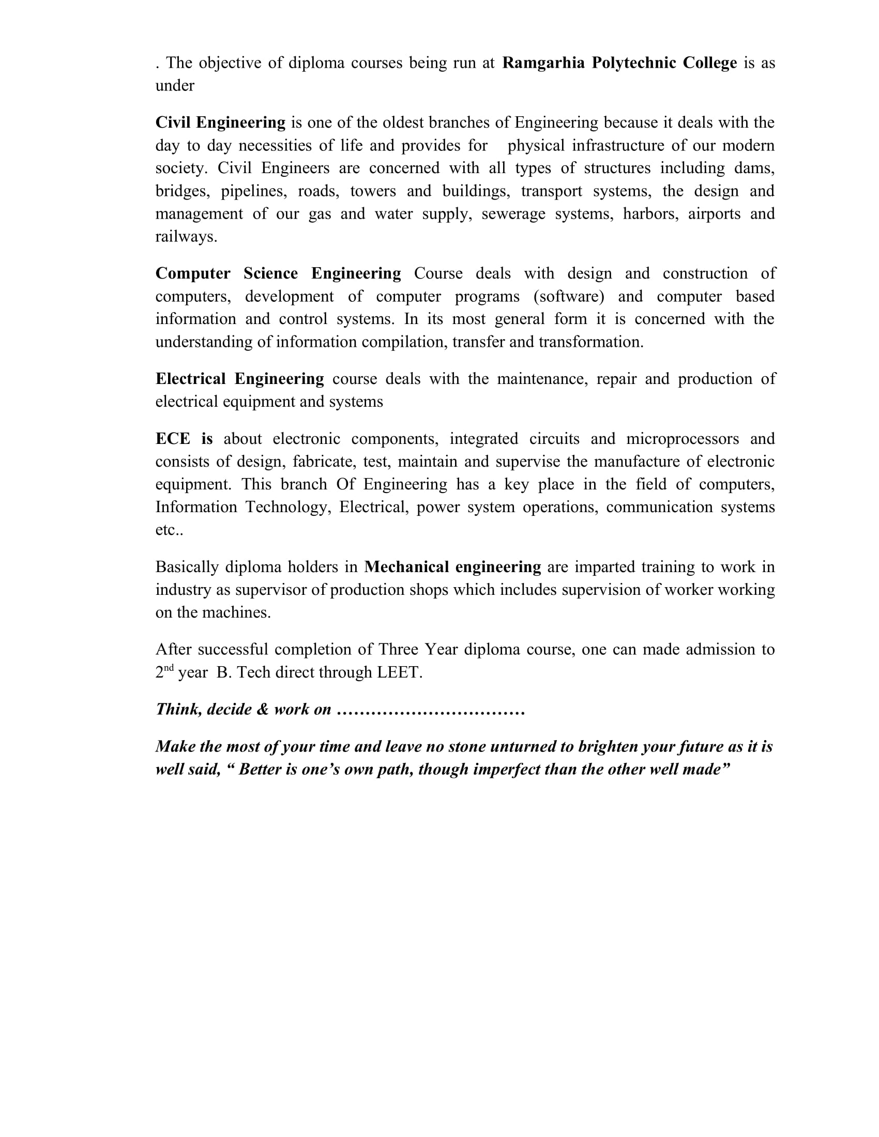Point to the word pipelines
tap(253, 191)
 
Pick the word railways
tap(186, 237)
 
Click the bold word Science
tap(270, 273)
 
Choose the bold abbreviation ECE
tap(173, 439)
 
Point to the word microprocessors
tap(682, 439)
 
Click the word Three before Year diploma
tap(398, 650)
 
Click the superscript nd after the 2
tap(169, 668)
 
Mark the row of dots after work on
tap(431, 710)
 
